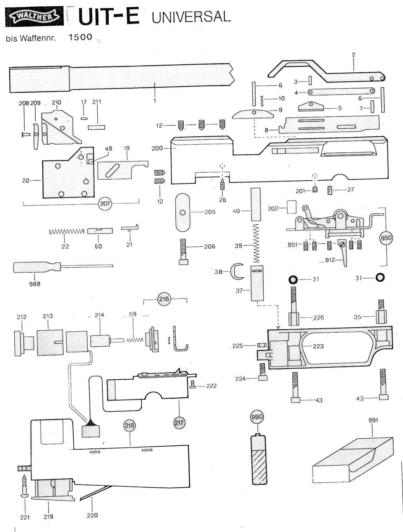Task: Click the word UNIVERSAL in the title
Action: tap(191, 17)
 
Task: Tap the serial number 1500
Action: tap(81, 37)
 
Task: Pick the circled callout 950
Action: tap(386, 238)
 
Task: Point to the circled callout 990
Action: tap(257, 417)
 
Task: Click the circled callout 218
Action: tap(130, 425)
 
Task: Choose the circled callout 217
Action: tap(179, 422)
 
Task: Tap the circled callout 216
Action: tap(164, 299)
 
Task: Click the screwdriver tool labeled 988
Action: tap(63, 267)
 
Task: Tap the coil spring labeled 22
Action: tap(66, 231)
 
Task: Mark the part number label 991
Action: tap(373, 420)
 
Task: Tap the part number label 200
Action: tap(157, 148)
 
